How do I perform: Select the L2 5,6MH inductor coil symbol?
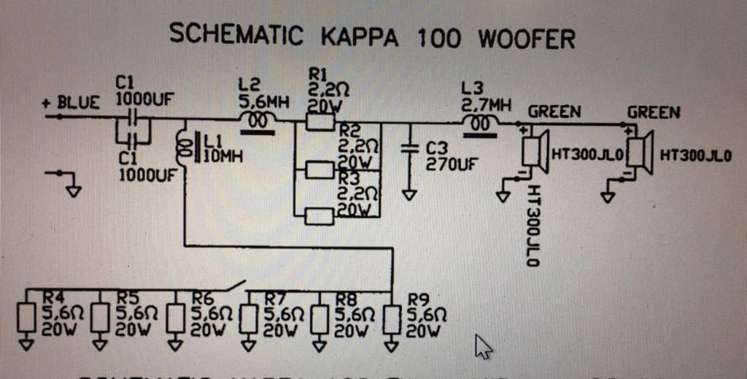pos(257,122)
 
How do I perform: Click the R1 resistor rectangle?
pos(320,122)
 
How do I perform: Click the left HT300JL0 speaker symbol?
pos(535,152)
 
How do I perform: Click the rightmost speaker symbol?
pos(640,152)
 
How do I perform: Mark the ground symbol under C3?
pos(409,194)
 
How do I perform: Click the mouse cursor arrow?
pos(482,346)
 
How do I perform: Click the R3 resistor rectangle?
pos(320,215)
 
